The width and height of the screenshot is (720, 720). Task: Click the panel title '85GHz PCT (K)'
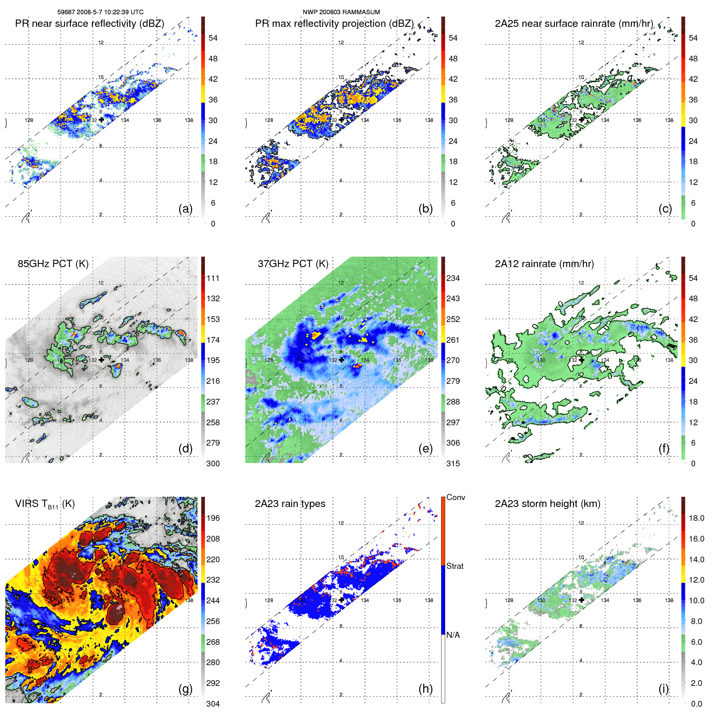[53, 264]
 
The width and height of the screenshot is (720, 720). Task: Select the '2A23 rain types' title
[290, 504]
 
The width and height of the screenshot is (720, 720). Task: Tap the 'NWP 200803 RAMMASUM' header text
[341, 12]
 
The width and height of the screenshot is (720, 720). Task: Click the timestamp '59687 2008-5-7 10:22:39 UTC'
[100, 12]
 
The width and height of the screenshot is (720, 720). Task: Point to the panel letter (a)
[185, 209]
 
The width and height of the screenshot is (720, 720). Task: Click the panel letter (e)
[425, 449]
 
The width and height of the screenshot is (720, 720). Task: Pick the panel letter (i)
[663, 689]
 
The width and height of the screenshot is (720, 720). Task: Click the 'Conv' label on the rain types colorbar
[455, 497]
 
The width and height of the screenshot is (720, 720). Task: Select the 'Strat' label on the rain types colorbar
[455, 566]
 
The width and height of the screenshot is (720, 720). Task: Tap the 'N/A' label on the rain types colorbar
[453, 635]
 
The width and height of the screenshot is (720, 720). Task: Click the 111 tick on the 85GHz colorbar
[213, 278]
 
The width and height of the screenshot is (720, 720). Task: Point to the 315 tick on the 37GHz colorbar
[453, 463]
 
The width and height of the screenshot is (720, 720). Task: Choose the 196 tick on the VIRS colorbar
[213, 518]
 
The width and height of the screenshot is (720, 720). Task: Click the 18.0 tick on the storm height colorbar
[696, 518]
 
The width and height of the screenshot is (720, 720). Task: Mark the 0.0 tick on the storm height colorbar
[696, 704]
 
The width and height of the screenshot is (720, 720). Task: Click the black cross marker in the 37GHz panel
[342, 360]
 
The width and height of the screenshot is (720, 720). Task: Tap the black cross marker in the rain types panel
[342, 600]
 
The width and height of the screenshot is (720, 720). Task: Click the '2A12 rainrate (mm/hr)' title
[544, 264]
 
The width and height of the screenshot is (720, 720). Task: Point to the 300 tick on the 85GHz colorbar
[213, 463]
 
